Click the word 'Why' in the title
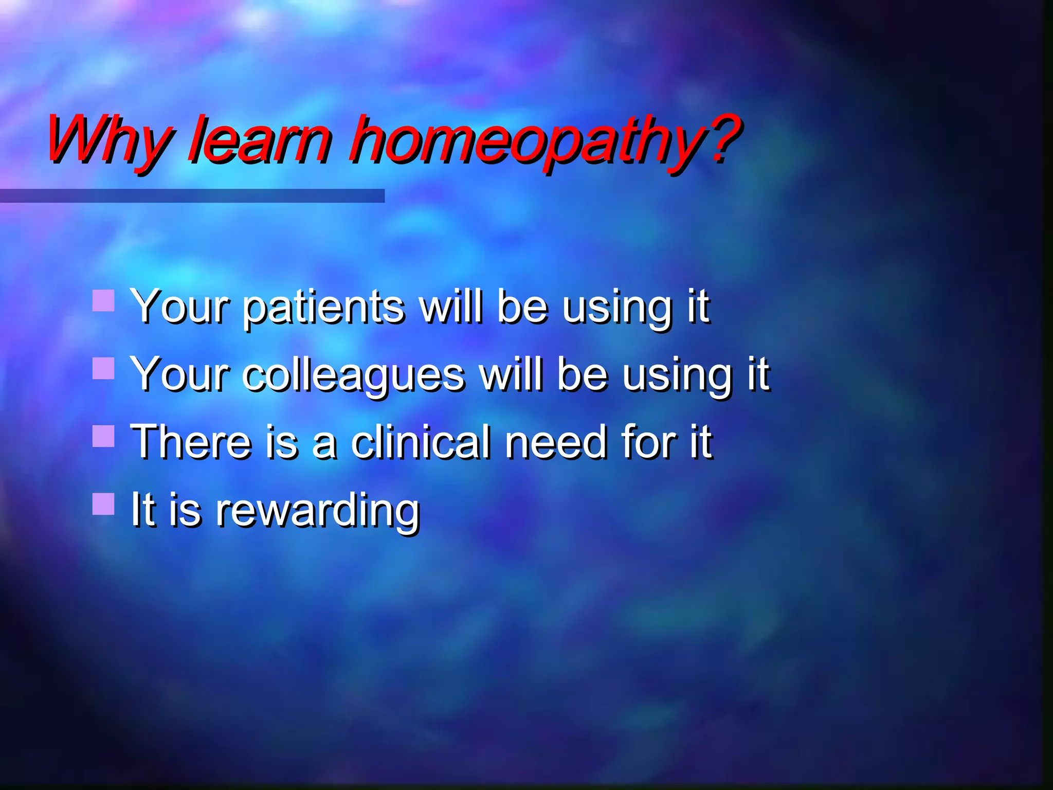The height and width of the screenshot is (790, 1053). click(x=108, y=140)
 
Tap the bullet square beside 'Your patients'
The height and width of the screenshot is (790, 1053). click(x=103, y=300)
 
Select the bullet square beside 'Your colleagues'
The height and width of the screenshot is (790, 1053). click(x=103, y=368)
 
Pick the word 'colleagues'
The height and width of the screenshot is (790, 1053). click(x=354, y=375)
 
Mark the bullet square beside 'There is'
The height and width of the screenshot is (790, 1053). click(x=103, y=436)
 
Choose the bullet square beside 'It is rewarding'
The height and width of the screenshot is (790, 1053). click(x=103, y=504)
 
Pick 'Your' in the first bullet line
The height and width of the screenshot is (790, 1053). click(x=179, y=308)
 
